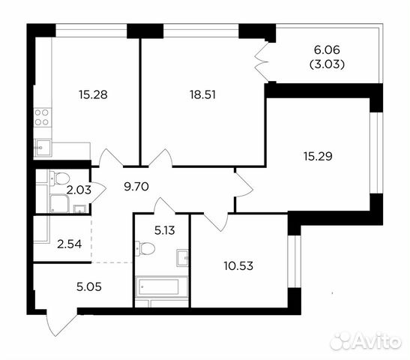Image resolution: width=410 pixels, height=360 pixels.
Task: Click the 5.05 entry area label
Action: [68, 285]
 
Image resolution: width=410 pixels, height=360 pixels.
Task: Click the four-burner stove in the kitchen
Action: [42, 117]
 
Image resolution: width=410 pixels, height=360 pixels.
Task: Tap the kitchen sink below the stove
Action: [42, 147]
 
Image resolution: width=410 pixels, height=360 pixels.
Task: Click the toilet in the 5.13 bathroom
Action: [143, 247]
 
